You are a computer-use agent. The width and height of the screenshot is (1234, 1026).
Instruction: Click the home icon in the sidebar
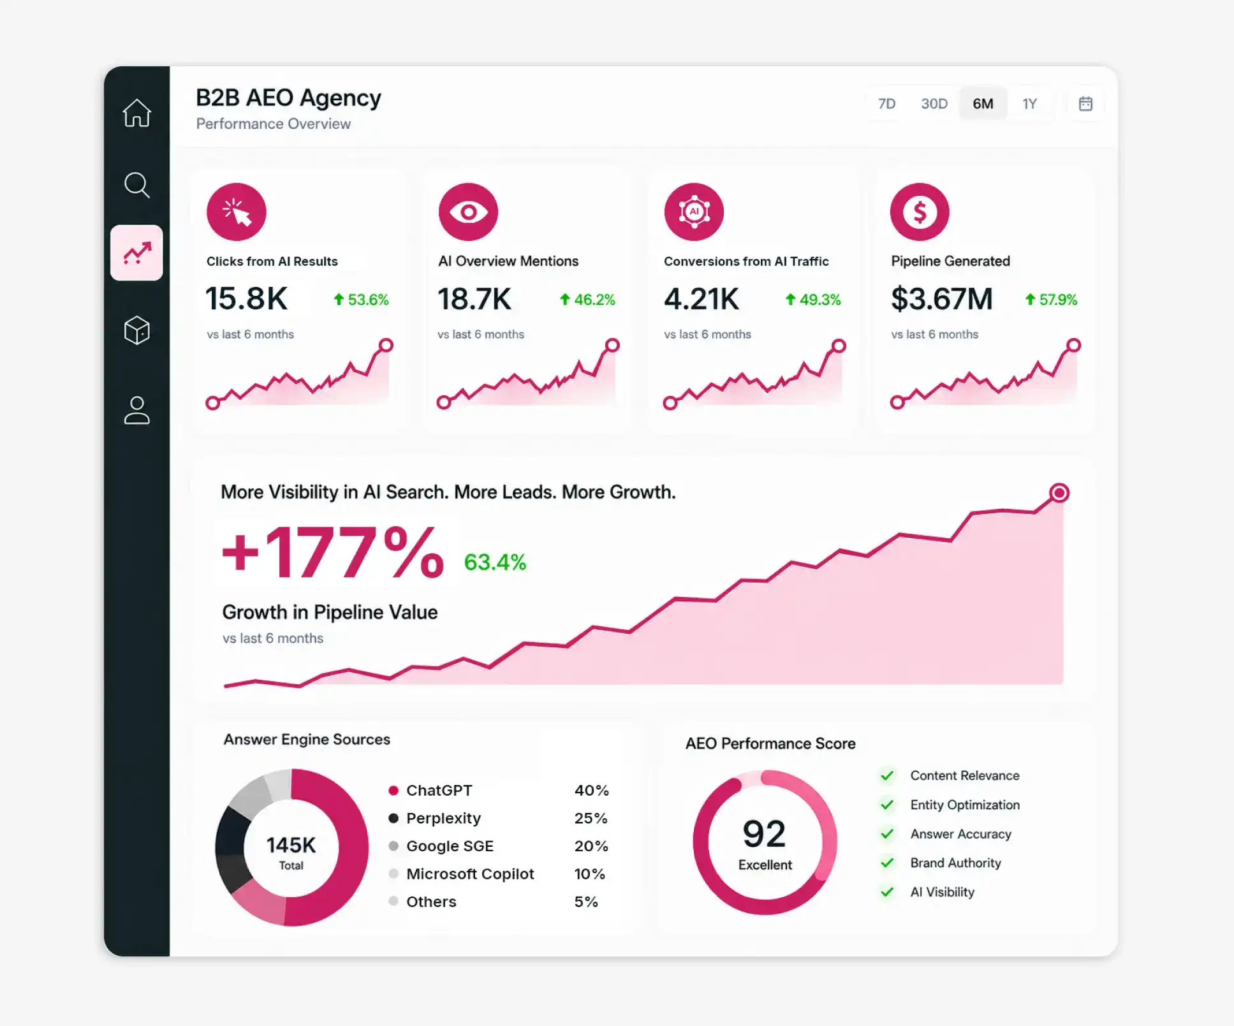click(137, 113)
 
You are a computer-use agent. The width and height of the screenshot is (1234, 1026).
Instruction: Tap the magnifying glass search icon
click(137, 186)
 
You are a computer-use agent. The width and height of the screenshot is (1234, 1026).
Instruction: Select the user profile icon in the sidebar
click(137, 411)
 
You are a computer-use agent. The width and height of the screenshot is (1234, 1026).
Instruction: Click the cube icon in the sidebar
click(137, 330)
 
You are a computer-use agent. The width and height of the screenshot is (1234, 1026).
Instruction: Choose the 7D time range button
click(886, 104)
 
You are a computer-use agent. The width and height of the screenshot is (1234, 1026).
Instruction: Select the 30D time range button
click(934, 104)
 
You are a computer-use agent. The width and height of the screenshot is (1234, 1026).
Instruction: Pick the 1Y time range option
click(1030, 104)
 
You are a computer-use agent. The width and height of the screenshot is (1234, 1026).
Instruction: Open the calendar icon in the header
click(1085, 104)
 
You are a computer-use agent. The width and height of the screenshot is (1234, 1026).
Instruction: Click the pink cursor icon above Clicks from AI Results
click(237, 212)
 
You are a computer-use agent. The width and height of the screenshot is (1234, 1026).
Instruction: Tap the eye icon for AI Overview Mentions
click(469, 212)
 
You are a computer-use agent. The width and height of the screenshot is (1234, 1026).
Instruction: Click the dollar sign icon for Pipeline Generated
click(920, 212)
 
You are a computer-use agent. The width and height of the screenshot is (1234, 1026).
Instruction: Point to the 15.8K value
click(247, 298)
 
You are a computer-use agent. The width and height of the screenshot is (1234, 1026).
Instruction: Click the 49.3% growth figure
click(813, 300)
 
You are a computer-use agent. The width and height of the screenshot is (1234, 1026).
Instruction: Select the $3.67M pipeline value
click(942, 298)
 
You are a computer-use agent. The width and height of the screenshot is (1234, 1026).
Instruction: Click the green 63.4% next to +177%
click(495, 562)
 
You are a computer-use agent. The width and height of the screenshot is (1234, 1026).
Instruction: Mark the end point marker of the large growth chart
click(1059, 493)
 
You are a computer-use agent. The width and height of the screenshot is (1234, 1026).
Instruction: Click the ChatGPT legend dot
click(393, 791)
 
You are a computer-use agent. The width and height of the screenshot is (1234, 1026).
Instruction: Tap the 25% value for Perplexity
click(591, 818)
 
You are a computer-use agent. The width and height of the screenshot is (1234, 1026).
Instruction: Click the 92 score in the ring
click(765, 833)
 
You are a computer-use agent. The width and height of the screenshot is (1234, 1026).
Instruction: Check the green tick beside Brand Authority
click(887, 863)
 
